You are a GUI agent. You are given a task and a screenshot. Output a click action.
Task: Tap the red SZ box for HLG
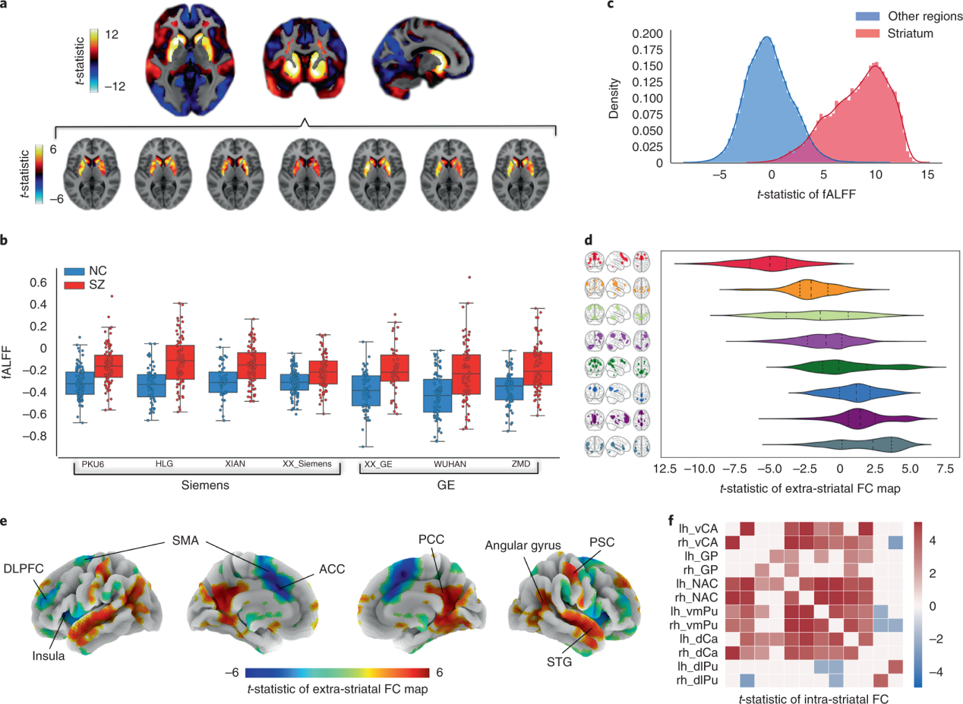pos(180,362)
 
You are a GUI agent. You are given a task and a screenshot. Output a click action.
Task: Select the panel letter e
pos(6,522)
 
